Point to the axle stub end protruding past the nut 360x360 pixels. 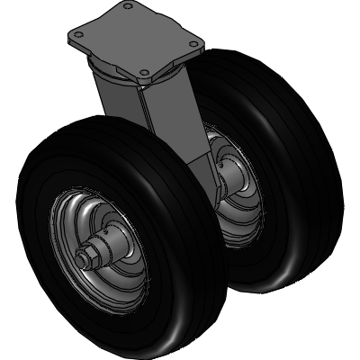[79, 263]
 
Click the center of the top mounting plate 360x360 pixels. [135, 40]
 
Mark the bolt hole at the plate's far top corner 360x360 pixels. [129, 7]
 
